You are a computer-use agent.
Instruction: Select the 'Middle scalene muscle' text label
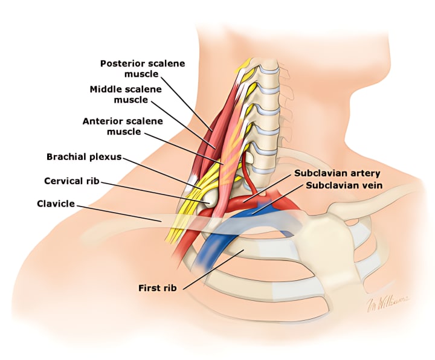click(x=126, y=94)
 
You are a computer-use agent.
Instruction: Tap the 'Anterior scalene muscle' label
click(x=123, y=126)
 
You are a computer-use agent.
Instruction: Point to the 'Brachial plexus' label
click(x=84, y=157)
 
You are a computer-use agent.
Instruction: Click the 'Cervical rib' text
click(x=71, y=181)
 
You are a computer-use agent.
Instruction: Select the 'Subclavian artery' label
click(x=337, y=173)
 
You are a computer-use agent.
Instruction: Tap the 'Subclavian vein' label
click(x=343, y=184)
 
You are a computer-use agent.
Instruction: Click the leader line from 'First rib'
click(x=211, y=269)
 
